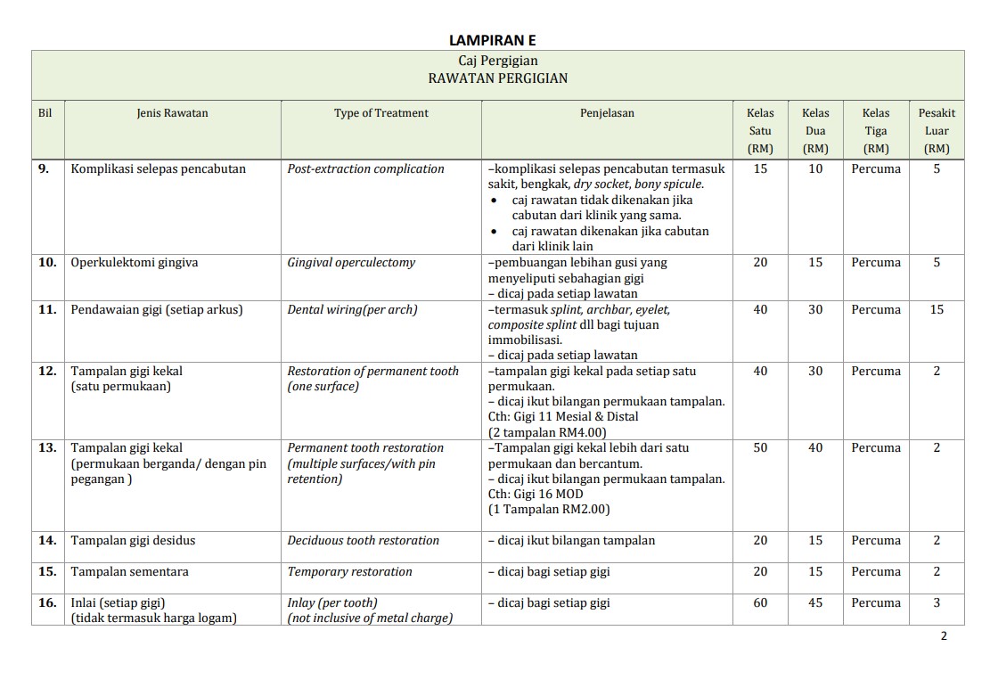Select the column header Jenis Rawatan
pos(172,113)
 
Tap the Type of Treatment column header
pos(380,113)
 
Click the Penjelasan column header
pos(607,113)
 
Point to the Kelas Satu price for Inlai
pos(760,603)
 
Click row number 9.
pos(45,169)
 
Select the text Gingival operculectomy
pos(351,263)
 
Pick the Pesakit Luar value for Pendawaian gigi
pos(937,310)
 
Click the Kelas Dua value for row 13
pos(815,448)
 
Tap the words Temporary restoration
pos(349,572)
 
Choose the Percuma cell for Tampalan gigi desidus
pos(876,541)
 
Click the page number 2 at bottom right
pos(944,636)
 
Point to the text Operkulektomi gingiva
pos(135,263)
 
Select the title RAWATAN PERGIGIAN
pos(497,78)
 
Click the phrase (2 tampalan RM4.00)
pos(547,432)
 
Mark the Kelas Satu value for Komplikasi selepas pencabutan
pos(760,169)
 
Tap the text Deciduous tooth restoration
pos(363,541)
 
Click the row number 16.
pos(47,603)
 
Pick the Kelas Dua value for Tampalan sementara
pos(815,572)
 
